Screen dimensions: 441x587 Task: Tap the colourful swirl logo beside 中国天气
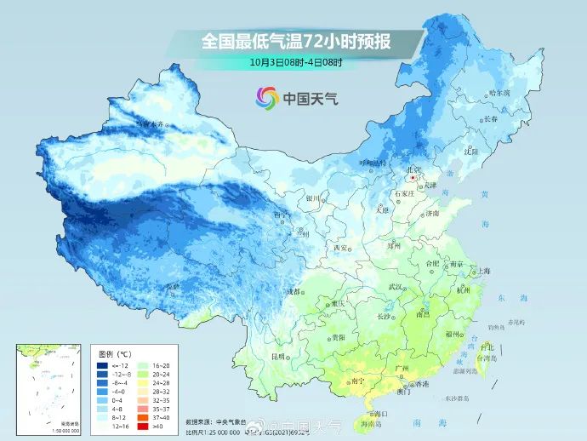(x=265, y=98)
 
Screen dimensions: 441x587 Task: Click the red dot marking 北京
(x=413, y=179)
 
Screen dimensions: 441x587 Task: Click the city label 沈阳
(x=471, y=151)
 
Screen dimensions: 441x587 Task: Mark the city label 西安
(x=341, y=248)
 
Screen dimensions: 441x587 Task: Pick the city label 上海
(x=482, y=272)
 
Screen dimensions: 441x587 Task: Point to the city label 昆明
(x=277, y=355)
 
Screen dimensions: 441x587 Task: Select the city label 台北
(x=487, y=347)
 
